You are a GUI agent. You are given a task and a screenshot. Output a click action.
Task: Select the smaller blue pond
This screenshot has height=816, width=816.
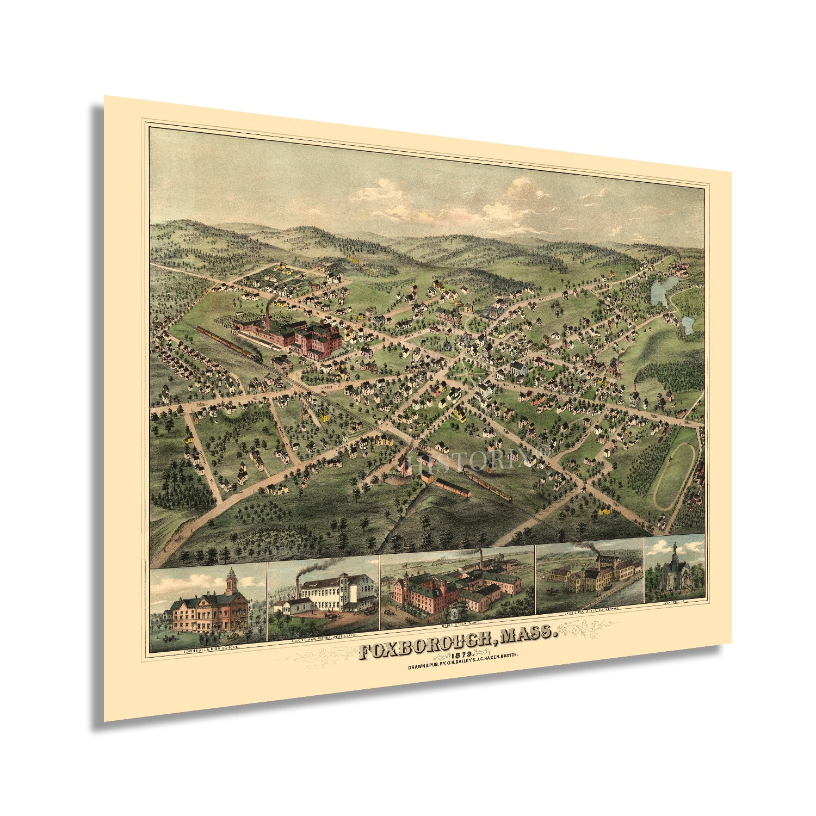click(x=687, y=325)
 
